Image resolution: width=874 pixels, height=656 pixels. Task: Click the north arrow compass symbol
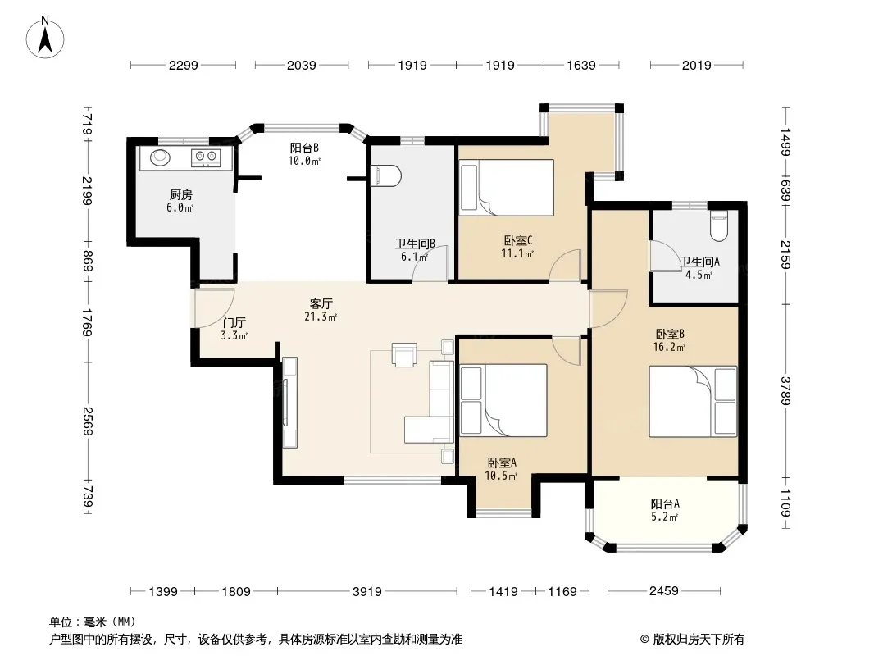click(x=45, y=37)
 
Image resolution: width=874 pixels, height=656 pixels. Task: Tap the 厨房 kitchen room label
click(x=180, y=194)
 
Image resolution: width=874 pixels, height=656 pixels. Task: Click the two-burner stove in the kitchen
click(x=205, y=157)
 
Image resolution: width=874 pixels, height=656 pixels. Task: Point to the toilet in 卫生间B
click(x=385, y=175)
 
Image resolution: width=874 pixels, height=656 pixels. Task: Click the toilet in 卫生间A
click(x=718, y=225)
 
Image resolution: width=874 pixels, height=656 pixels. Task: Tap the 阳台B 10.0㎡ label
click(x=304, y=154)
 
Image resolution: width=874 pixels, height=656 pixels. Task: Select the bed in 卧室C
click(x=507, y=188)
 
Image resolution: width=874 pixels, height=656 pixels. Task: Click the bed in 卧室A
click(x=503, y=400)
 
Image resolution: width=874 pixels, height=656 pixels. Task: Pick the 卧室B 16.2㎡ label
click(x=669, y=340)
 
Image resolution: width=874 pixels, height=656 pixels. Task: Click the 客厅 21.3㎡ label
click(x=321, y=310)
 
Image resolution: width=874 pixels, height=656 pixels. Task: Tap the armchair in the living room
click(x=404, y=354)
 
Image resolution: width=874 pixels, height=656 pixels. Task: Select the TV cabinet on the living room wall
click(x=290, y=403)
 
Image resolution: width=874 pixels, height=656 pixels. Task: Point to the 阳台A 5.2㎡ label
click(x=665, y=510)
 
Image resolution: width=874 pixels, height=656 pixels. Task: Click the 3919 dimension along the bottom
click(x=367, y=591)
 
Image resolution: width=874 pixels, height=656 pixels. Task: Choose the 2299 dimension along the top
click(x=184, y=66)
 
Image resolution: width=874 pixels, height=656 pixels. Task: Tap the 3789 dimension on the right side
click(x=785, y=391)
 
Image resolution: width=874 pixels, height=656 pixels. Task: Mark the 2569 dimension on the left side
click(x=88, y=421)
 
